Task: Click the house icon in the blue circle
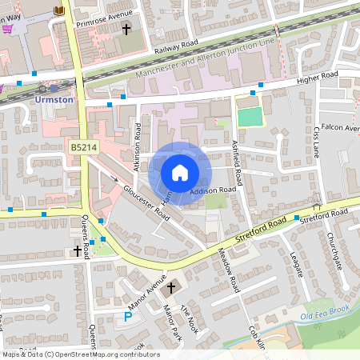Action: [x=180, y=173]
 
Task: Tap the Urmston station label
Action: [x=55, y=100]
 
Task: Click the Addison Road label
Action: [x=214, y=190]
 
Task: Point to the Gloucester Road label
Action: [x=146, y=203]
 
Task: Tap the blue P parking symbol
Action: [x=128, y=318]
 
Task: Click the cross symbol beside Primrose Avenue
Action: [x=126, y=29]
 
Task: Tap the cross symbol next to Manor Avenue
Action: [x=170, y=287]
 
